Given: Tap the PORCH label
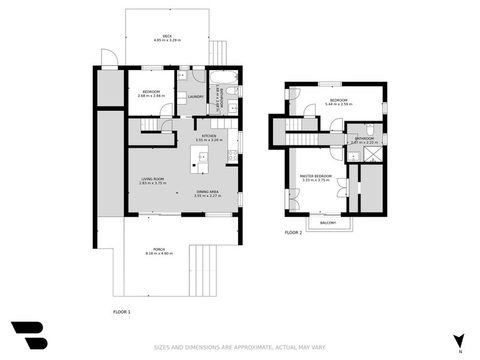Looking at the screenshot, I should tap(159, 249).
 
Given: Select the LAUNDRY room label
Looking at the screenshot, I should tap(196, 97).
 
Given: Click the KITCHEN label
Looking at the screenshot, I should tap(209, 136).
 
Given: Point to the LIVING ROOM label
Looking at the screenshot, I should tap(152, 179).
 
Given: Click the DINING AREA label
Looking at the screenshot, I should tap(208, 191).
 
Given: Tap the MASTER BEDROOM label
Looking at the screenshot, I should tap(316, 176).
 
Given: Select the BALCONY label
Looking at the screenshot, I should tap(327, 223).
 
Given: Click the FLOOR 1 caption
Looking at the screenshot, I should tap(122, 311).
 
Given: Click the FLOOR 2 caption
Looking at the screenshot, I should tap(293, 232).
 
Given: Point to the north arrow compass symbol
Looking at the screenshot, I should tap(459, 340).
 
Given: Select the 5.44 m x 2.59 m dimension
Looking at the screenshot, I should tap(338, 104).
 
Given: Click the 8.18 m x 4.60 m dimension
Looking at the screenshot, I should tap(159, 254).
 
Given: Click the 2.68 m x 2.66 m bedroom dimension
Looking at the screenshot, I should tap(151, 96).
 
